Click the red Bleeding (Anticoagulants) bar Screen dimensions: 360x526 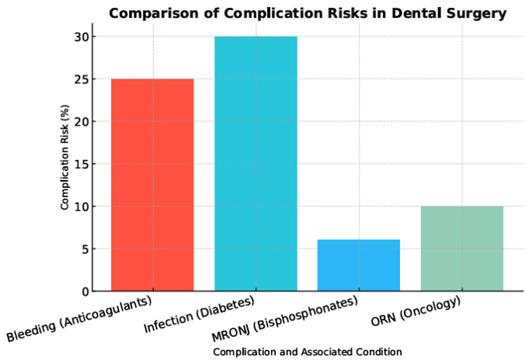152,185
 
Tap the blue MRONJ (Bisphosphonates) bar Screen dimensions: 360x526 359,265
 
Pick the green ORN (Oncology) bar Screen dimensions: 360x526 462,249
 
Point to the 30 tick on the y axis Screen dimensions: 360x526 81,36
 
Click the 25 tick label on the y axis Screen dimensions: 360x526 81,79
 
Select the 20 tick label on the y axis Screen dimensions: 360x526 81,122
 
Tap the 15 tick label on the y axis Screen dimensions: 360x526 81,164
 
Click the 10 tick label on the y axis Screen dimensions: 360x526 81,206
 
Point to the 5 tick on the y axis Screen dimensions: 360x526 84,249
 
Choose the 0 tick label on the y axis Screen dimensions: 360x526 84,291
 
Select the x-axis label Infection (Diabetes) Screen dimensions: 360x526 199,314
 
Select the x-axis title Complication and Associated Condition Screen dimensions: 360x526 307,352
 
